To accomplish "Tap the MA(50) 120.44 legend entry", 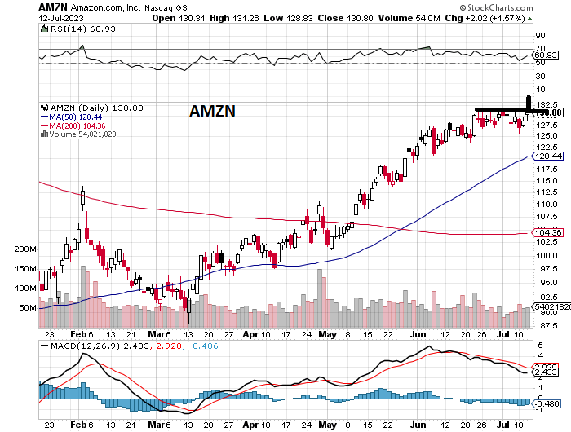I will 77,117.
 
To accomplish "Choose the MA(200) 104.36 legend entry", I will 79,126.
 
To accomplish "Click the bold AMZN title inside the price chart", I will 213,111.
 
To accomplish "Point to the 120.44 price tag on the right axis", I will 547,156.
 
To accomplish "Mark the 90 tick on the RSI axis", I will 540,36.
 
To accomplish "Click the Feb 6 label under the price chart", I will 82,334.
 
